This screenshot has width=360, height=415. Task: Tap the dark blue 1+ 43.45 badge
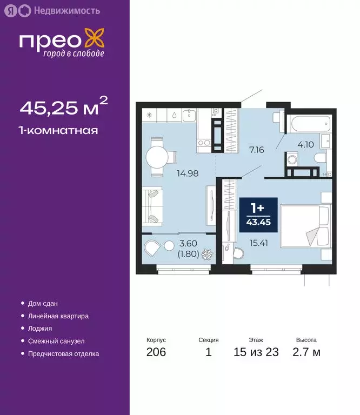pyautogui.click(x=258, y=215)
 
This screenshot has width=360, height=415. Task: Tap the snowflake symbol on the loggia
pyautogui.click(x=206, y=254)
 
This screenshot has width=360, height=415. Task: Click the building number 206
pyautogui.click(x=156, y=353)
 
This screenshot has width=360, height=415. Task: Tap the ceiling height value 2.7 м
pyautogui.click(x=306, y=353)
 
